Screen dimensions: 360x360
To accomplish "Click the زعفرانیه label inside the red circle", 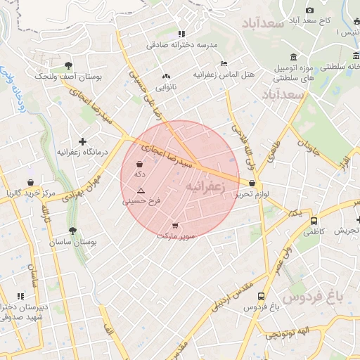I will click(x=205, y=186).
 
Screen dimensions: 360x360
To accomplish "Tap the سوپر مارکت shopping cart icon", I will click(x=174, y=226).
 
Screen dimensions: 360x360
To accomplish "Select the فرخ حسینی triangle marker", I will click(x=141, y=191).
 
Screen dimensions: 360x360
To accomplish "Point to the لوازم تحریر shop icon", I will click(x=251, y=184).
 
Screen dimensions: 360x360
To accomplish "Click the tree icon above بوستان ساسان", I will click(x=72, y=230).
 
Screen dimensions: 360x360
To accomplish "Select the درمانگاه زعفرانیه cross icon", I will click(x=82, y=141).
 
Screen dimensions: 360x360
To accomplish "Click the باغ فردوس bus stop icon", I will click(x=262, y=296).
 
